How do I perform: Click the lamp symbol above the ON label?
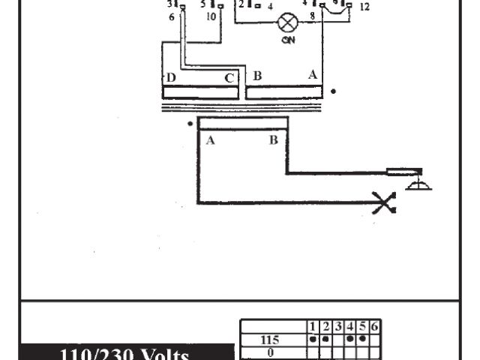click(x=286, y=22)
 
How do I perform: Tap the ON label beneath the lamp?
click(x=287, y=40)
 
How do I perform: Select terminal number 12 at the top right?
click(x=364, y=7)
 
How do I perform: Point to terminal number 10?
click(x=210, y=16)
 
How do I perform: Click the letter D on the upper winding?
click(x=171, y=77)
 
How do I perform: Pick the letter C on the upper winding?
click(x=229, y=77)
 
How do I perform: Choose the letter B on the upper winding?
click(x=257, y=76)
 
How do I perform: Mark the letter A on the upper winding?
click(x=312, y=74)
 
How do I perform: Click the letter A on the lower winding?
click(x=210, y=140)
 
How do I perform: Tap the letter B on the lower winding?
click(x=274, y=140)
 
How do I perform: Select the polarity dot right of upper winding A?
click(x=334, y=91)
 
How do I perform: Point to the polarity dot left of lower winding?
click(x=190, y=124)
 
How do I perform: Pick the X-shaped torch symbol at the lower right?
click(x=384, y=202)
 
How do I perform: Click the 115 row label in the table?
click(x=269, y=339)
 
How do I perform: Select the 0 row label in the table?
click(x=269, y=349)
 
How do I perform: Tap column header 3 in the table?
click(x=338, y=327)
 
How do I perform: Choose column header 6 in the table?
click(x=374, y=327)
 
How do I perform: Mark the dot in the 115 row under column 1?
click(x=313, y=338)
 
